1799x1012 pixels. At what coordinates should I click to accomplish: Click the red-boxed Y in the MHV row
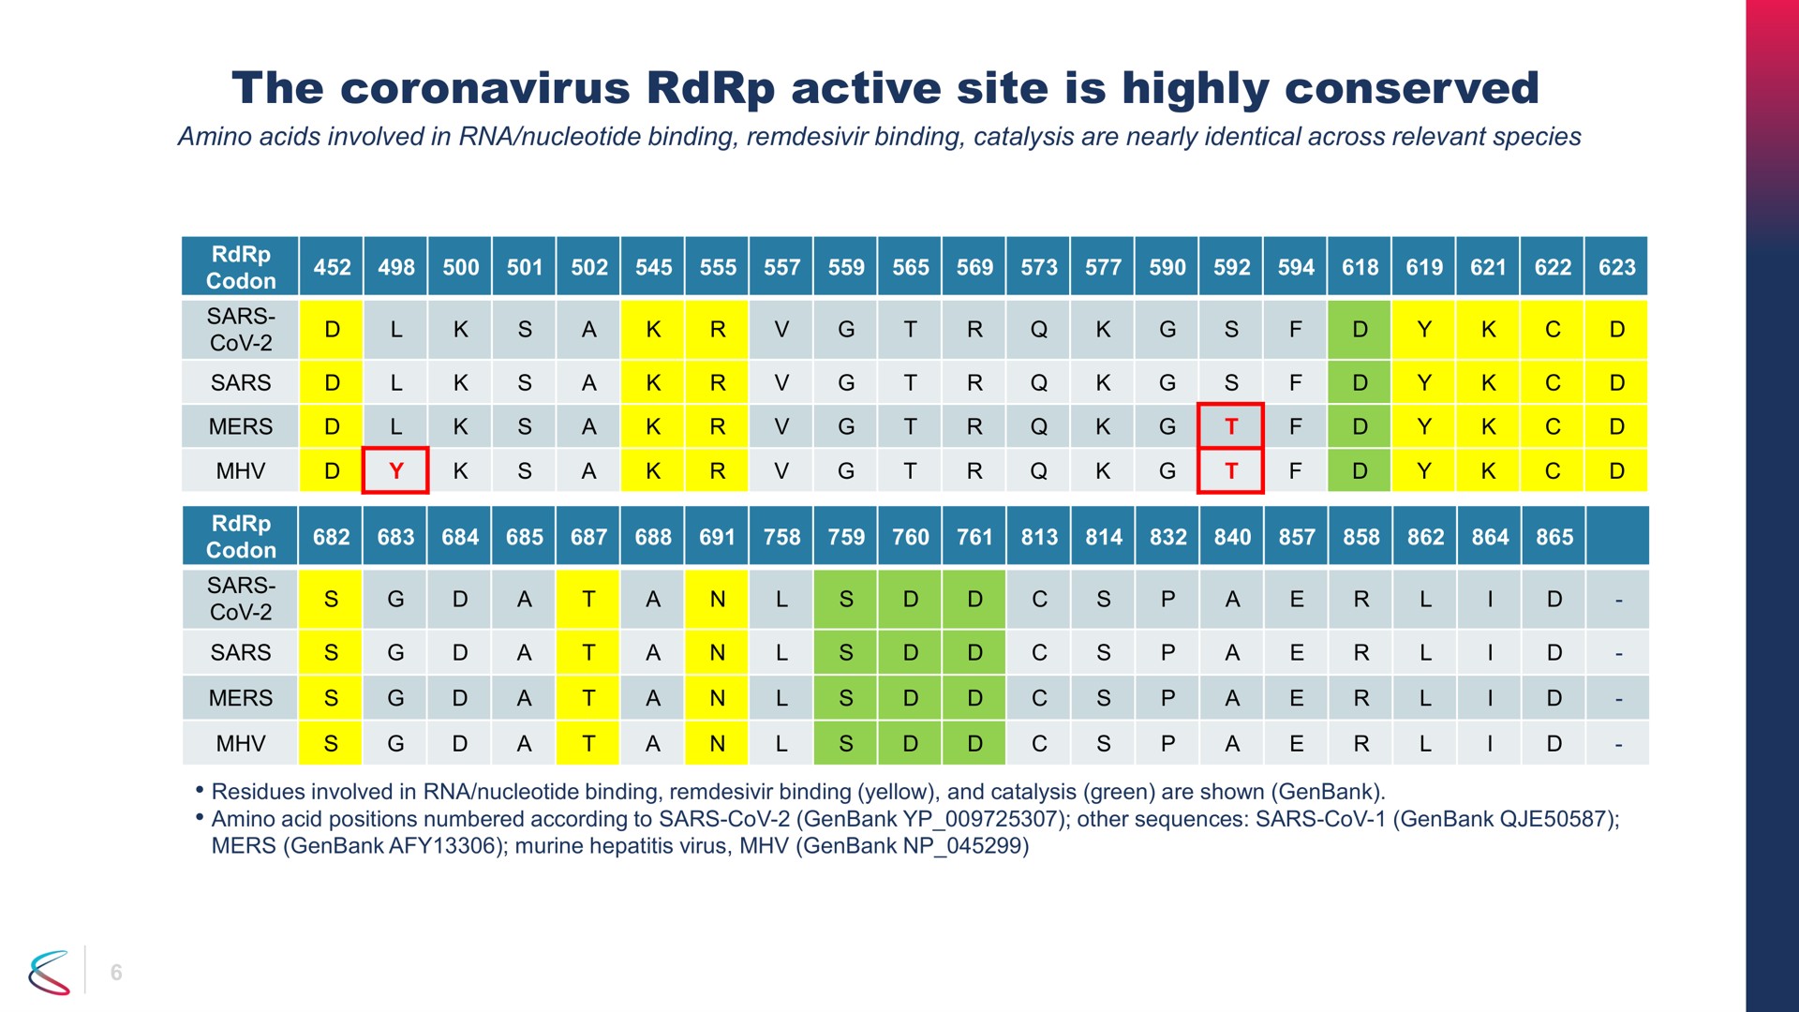395,470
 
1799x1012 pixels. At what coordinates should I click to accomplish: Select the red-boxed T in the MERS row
1231,426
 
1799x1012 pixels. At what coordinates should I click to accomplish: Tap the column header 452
332,267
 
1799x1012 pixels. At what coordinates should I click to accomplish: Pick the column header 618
1360,267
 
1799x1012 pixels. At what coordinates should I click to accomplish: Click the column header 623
1616,267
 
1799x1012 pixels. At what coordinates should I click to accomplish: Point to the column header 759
846,537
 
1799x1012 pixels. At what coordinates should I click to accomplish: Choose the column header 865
1554,537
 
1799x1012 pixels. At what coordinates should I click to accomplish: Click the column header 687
588,537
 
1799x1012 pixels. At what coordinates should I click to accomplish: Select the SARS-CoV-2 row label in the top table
241,330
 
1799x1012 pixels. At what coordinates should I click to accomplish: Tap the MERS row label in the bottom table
241,698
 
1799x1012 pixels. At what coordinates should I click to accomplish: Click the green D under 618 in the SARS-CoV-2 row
1360,329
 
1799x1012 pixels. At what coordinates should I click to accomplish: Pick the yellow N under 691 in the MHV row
717,743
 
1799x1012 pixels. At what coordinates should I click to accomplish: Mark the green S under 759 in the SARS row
846,652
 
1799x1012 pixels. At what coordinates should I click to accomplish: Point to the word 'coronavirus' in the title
485,88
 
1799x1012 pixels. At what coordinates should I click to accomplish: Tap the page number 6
116,973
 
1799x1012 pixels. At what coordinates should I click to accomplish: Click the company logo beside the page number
50,972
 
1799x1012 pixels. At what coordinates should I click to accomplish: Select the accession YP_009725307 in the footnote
978,819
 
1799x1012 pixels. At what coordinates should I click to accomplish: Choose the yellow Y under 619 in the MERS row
1424,426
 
